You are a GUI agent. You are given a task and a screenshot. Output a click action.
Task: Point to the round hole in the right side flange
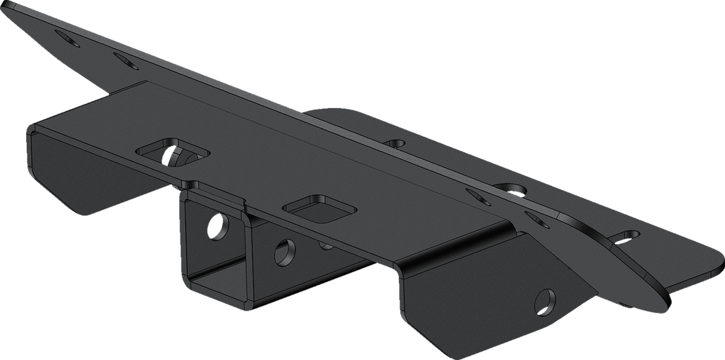tap(545, 301)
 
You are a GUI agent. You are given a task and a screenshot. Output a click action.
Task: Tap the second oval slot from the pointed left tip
tap(125, 60)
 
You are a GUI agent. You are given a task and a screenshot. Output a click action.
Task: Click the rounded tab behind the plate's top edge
tap(334, 113)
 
